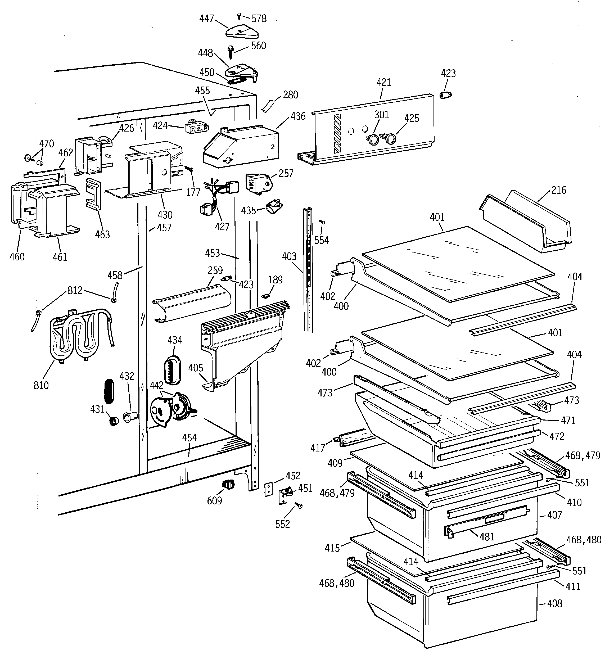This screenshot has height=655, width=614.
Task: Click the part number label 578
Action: coord(259,19)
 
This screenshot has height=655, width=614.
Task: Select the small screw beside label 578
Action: coord(239,16)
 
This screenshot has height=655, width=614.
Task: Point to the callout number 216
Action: coord(559,190)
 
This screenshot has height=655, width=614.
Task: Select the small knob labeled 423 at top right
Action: coord(446,95)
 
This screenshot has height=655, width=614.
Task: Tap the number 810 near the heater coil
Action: coord(41,385)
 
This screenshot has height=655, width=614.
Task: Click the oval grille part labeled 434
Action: coord(172,370)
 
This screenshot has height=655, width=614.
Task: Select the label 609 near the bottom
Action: coord(215,501)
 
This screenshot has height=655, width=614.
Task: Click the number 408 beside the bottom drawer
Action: coord(555,603)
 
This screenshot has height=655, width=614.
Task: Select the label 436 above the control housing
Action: coord(298,116)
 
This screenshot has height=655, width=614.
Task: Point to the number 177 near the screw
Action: coord(193,192)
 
